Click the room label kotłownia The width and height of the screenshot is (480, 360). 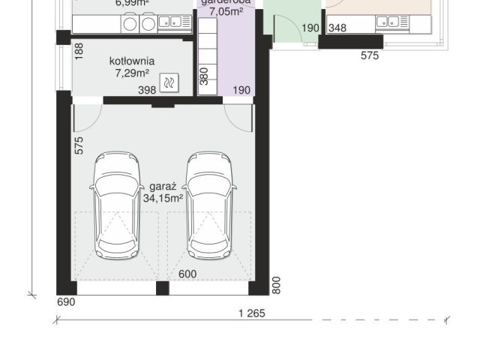point(132,61)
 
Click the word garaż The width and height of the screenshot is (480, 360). point(163,186)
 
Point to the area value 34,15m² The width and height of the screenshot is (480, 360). point(163,198)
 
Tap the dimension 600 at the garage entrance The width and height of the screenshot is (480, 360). point(187,274)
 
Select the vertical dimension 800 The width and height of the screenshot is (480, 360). point(277,285)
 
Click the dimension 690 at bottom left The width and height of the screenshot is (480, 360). point(67,302)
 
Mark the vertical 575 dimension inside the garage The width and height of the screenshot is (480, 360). point(79,145)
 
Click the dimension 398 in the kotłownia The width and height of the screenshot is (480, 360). point(147,90)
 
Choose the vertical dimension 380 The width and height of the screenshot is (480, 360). point(203,75)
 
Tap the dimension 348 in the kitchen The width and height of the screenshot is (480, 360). point(337,28)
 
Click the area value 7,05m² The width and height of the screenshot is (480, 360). point(226,12)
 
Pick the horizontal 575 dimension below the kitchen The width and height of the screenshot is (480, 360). point(370,55)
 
